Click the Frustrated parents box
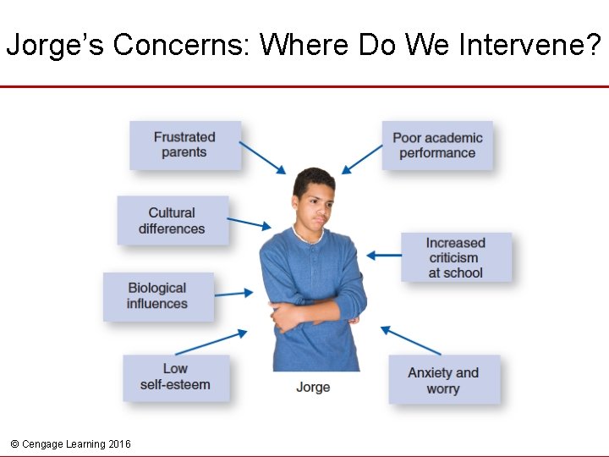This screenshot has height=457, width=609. [184, 145]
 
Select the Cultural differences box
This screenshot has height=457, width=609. [172, 221]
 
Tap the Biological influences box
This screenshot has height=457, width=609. [157, 295]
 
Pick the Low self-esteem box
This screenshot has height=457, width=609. [175, 377]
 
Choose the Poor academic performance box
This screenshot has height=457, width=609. [437, 146]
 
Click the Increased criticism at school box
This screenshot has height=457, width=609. [455, 257]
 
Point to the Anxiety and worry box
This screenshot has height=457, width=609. [443, 380]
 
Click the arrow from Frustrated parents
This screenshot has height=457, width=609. [263, 157]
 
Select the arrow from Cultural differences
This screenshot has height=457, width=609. [250, 223]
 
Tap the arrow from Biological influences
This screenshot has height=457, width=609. [234, 294]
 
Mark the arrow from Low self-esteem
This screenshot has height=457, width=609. [211, 342]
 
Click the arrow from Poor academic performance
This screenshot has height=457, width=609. [362, 157]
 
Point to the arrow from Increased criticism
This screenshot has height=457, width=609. [385, 255]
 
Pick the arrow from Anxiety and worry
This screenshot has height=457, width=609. [410, 340]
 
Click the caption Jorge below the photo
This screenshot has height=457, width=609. [313, 387]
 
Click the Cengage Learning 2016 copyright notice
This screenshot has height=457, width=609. [71, 443]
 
